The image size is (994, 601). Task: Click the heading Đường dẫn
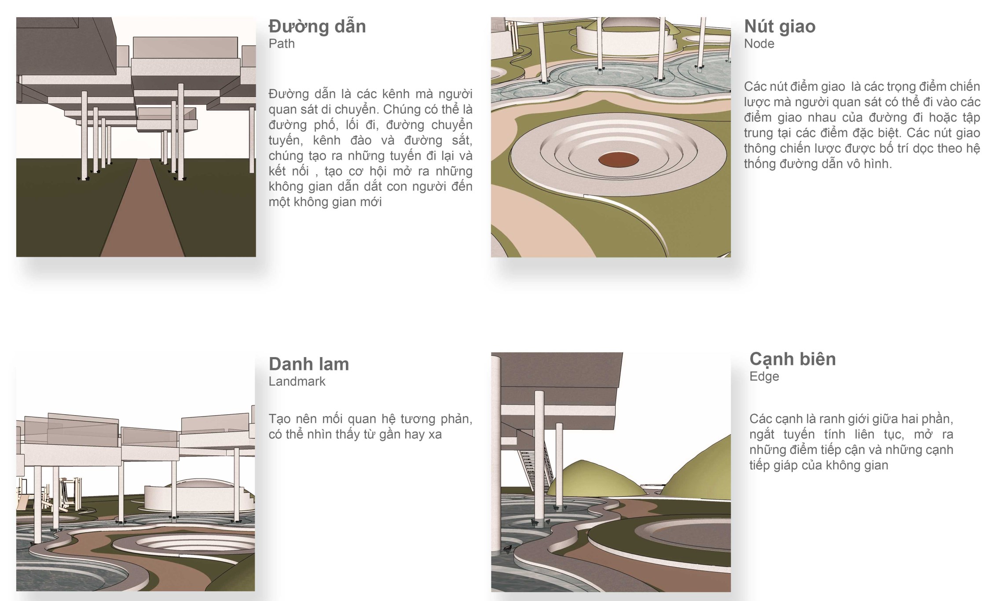click(x=317, y=26)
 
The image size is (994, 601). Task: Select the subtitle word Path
click(x=282, y=44)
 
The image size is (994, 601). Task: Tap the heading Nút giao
click(x=780, y=26)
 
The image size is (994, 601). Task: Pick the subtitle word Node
click(x=759, y=44)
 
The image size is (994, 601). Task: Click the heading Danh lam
click(x=309, y=364)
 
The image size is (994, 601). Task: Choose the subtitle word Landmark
click(x=297, y=381)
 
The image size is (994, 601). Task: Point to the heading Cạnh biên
click(x=792, y=359)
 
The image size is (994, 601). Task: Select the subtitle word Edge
click(x=764, y=376)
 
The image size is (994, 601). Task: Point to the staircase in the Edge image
click(x=535, y=467)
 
